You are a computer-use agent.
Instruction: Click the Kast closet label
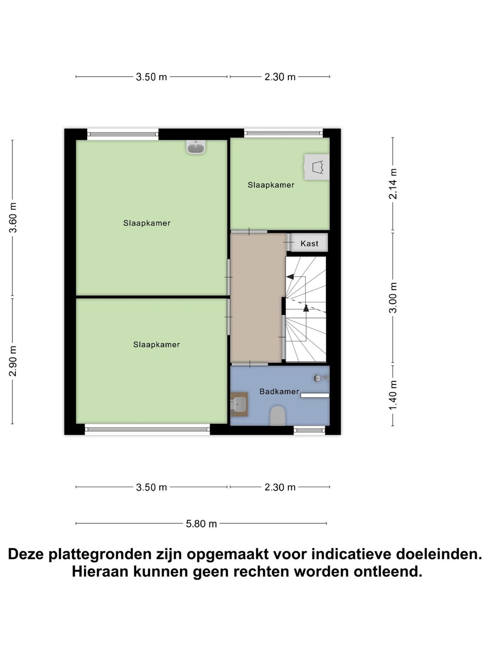tap(309, 244)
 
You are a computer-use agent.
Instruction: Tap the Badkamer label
tap(279, 391)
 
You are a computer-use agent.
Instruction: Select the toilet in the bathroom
tap(278, 415)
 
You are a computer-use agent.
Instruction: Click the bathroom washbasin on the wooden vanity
tap(239, 404)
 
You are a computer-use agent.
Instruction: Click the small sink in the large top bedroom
tap(196, 147)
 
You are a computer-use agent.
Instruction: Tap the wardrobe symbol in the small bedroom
tap(317, 167)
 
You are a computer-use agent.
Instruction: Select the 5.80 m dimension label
tap(201, 524)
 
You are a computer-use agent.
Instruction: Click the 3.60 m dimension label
tap(13, 218)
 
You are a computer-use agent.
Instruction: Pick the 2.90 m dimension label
tap(13, 361)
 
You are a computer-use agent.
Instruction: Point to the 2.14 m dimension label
tap(393, 184)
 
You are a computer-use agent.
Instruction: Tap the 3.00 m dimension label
tap(393, 297)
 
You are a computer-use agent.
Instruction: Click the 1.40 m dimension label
tap(393, 395)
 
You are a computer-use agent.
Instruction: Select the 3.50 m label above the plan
tap(152, 77)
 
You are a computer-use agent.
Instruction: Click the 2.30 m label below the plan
tap(280, 487)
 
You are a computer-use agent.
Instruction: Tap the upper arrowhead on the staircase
tap(290, 277)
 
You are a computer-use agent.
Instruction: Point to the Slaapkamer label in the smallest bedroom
tap(271, 185)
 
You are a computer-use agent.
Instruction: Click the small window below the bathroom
tap(309, 430)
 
